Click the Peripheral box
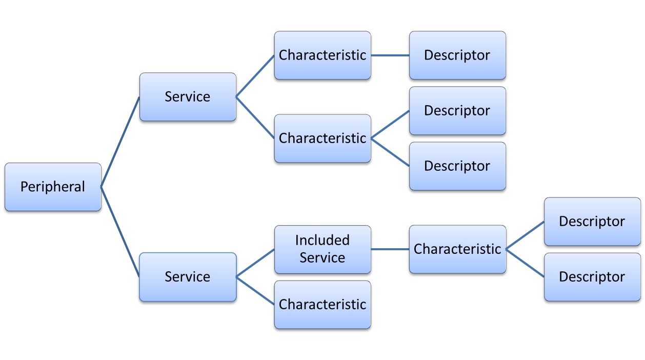53,187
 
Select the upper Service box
188,97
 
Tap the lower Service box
188,277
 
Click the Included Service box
322,249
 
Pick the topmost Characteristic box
322,55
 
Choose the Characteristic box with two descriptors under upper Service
322,138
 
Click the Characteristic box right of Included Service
457,249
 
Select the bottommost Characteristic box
322,305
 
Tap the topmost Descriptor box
457,55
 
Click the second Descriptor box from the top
457,111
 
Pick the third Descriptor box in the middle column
457,166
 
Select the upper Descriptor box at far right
592,222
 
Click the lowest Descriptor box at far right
592,277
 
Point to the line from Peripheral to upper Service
120,142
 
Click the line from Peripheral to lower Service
120,232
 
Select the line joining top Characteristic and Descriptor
390,55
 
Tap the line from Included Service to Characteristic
390,249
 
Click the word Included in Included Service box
322,241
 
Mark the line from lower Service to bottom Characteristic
255,291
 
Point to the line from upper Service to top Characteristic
255,76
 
